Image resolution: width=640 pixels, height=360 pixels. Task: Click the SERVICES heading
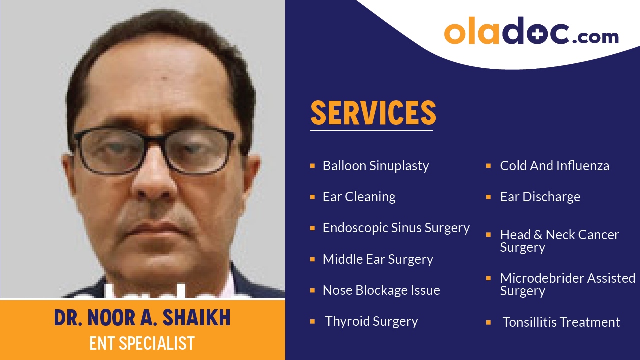(373, 113)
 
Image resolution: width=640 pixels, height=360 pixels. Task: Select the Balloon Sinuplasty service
(376, 166)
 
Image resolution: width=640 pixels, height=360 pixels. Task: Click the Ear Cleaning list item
(359, 197)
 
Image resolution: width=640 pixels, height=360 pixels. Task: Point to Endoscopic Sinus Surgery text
(396, 228)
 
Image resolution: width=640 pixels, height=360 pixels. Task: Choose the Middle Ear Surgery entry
(378, 259)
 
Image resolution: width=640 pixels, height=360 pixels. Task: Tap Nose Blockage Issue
(381, 290)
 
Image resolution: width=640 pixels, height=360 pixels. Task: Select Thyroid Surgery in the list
(371, 321)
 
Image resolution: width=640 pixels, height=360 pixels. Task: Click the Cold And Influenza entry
(554, 166)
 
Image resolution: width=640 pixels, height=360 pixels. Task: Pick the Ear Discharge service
(540, 197)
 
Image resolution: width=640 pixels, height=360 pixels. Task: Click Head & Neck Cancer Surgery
(559, 241)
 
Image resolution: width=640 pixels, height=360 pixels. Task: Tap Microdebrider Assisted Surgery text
(567, 284)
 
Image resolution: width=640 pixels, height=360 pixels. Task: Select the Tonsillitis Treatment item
(561, 322)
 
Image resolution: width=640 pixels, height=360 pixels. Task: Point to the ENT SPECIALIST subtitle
(142, 344)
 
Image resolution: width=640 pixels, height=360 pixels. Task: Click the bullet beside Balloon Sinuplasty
(312, 165)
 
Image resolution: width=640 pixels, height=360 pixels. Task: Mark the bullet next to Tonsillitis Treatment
(488, 322)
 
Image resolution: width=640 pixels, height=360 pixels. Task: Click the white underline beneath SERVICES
(371, 130)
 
